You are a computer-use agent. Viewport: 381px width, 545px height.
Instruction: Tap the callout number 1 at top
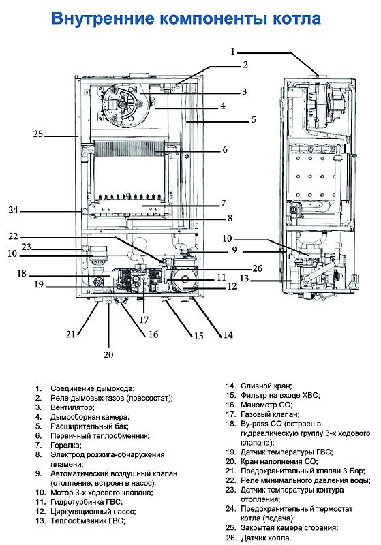coord(232,51)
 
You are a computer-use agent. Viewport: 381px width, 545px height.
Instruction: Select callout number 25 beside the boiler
coord(38,134)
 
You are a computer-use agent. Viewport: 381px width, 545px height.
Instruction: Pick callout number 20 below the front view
coord(108,354)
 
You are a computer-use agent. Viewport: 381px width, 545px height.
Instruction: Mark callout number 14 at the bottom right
coord(218,334)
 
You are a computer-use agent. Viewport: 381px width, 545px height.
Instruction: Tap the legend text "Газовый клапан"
coord(270,414)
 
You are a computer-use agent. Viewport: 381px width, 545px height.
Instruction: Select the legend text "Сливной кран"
coord(266,385)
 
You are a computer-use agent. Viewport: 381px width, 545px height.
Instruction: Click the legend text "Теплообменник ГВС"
coord(88,520)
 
